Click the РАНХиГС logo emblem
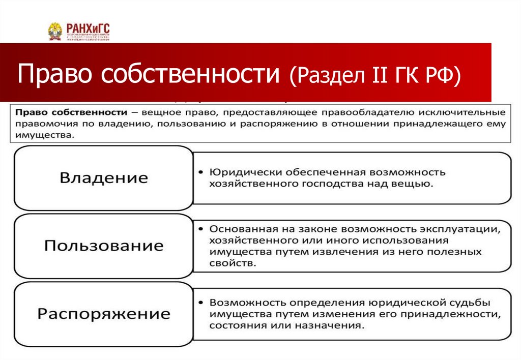[x=55, y=32]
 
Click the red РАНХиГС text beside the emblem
[x=88, y=28]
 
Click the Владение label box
[x=104, y=178]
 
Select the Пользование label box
[x=104, y=246]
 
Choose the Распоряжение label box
[x=104, y=313]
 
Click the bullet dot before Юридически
[x=202, y=172]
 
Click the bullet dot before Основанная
[x=202, y=229]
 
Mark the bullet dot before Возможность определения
[x=202, y=303]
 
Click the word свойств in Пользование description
[x=229, y=264]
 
